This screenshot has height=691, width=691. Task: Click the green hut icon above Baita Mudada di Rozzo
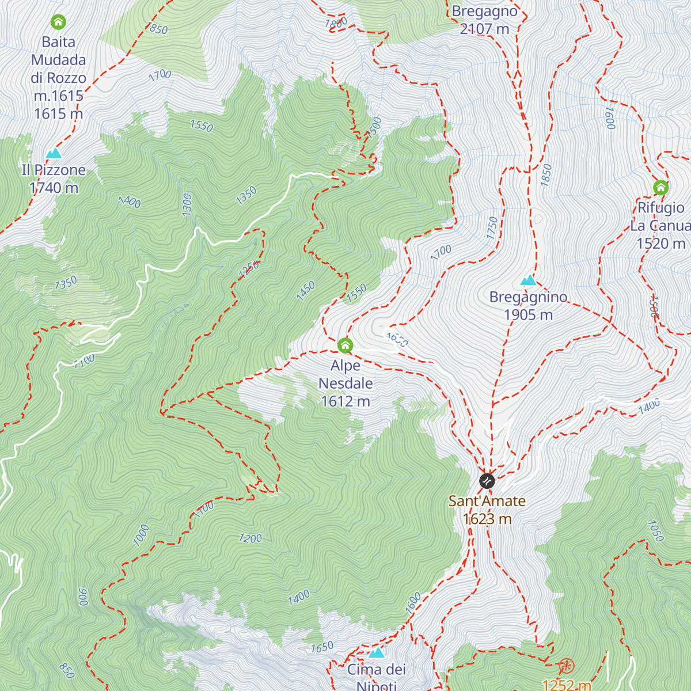[58, 22]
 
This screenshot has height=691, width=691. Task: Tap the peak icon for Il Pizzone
[54, 153]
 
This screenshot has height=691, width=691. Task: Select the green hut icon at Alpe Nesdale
[345, 345]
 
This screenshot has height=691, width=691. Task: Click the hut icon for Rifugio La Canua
[660, 188]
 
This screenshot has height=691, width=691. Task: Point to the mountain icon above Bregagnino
[528, 280]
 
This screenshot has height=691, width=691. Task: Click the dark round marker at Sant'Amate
[487, 480]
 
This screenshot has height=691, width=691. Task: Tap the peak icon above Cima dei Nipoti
[377, 652]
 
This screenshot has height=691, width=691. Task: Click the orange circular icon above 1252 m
[566, 667]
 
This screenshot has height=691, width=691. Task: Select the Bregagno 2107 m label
[484, 20]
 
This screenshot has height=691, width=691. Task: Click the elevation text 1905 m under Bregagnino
[528, 315]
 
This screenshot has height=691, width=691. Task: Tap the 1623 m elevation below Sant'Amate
[487, 519]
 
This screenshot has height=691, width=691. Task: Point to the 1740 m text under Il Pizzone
[54, 188]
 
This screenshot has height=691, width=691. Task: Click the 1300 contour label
[187, 204]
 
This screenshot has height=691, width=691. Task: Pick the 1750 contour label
[492, 228]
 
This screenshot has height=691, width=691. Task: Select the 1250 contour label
[249, 269]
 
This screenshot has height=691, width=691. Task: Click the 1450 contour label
[306, 290]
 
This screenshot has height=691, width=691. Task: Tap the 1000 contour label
[141, 535]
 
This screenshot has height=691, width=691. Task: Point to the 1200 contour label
[250, 538]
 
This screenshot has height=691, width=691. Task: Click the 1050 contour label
[655, 530]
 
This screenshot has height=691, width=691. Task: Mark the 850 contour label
[67, 670]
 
